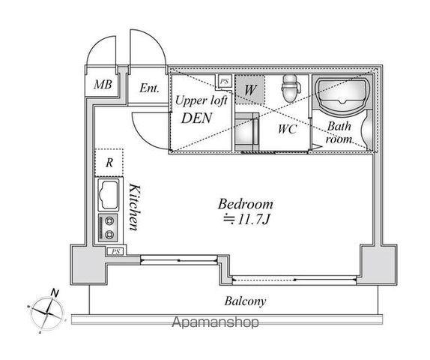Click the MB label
pos(103,84)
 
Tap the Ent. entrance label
pos(149,88)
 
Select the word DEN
pos(196,118)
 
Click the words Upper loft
pos(201,100)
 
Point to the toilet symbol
pos(291,88)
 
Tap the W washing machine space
pos(250,89)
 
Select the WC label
pos(287,129)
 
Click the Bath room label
pos(339,133)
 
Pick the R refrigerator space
pos(109,163)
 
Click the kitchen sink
pos(109,195)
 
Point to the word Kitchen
pos(135,208)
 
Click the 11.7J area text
pos(246,219)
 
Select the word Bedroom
pos(246,204)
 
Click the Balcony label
pos(245,301)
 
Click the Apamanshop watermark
pos(215,322)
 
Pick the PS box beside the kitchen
pos(115,251)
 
